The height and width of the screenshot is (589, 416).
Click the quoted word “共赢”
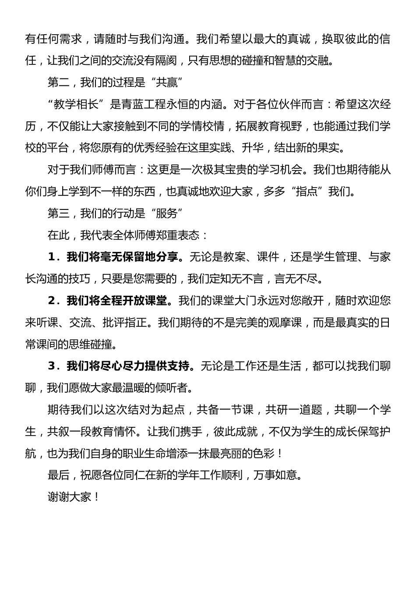(x=166, y=82)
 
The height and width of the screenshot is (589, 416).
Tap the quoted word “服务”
(x=166, y=213)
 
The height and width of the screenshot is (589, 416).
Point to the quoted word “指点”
(x=306, y=192)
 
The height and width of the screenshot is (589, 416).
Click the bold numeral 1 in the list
(x=52, y=257)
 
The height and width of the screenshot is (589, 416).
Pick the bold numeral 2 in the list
(x=52, y=301)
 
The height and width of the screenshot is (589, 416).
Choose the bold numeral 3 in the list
(x=52, y=366)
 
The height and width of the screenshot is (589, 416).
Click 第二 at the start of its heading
(x=58, y=82)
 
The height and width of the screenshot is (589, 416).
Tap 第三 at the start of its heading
(x=58, y=213)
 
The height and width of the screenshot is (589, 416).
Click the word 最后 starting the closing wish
(x=58, y=475)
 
